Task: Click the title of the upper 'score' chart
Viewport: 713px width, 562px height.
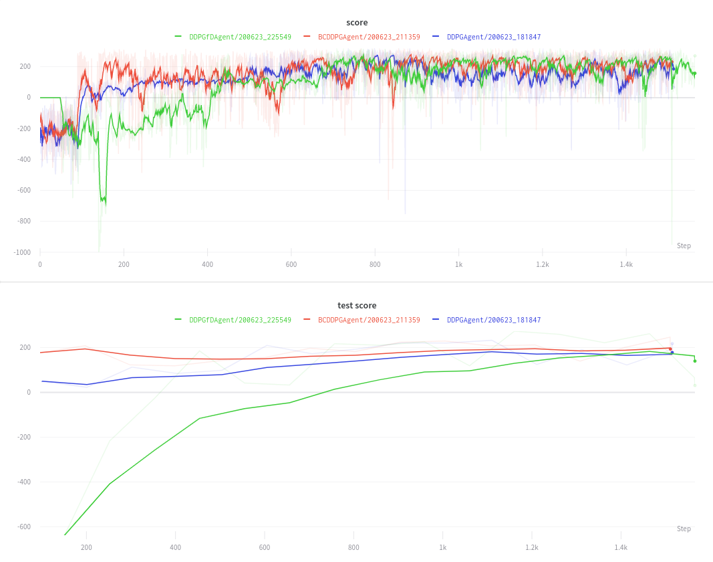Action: (357, 22)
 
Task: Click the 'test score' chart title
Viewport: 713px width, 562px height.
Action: (357, 305)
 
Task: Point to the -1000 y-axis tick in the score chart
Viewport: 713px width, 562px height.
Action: (22, 252)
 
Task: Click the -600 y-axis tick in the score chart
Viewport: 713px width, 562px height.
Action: (23, 190)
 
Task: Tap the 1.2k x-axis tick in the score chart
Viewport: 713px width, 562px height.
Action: (543, 264)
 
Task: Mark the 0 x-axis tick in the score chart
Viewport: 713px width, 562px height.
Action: (40, 264)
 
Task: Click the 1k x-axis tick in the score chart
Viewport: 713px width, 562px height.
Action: (458, 264)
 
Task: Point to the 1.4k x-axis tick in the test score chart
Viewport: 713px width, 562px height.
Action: (621, 547)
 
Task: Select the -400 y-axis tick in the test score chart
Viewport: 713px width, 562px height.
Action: (23, 482)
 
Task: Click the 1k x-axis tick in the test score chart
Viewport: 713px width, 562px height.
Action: (442, 547)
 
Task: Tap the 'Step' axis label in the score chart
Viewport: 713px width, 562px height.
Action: (684, 246)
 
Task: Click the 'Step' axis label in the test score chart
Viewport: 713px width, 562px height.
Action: (684, 529)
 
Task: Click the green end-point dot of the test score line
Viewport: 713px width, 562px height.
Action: (694, 361)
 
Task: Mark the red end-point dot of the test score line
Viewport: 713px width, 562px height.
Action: (670, 349)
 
